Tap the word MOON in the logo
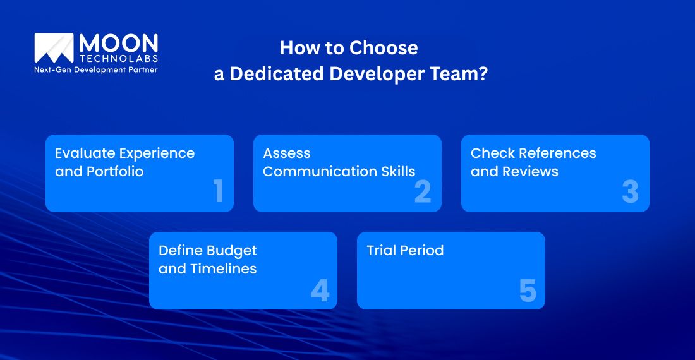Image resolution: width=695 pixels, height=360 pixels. pos(118,44)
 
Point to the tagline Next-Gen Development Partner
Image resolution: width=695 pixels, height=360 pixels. pos(95,69)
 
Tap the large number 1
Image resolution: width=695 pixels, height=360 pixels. pos(219,191)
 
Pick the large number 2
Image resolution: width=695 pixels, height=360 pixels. pos(423,191)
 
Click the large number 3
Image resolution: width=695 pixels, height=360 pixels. pos(630,191)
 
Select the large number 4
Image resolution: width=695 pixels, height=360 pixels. pos(320,290)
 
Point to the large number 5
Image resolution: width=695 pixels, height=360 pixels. pos(528,290)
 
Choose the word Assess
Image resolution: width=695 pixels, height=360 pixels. pos(287,153)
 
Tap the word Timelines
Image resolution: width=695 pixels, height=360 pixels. pos(224,269)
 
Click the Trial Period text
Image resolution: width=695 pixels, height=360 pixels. pos(405,250)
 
